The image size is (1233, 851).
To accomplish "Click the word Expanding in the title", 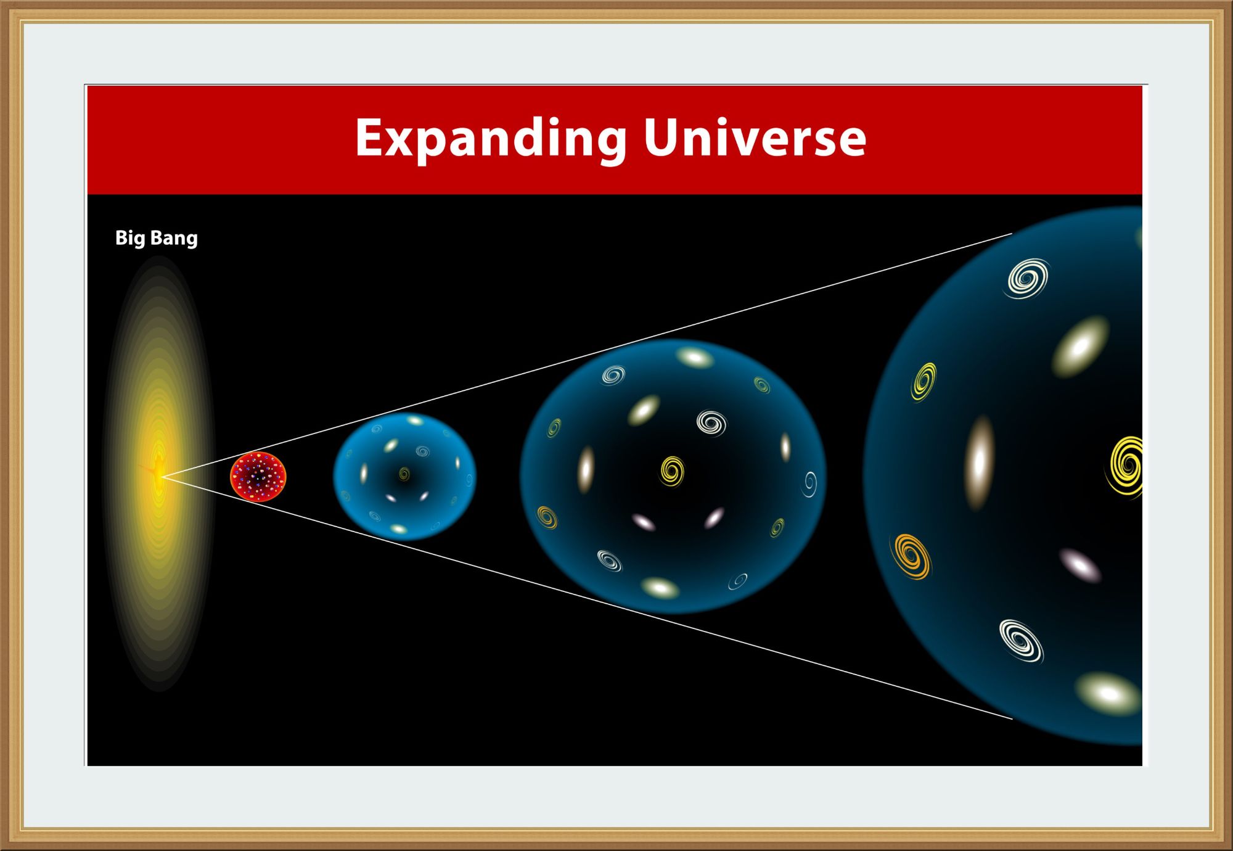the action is [491, 140].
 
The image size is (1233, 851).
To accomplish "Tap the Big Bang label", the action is [157, 238].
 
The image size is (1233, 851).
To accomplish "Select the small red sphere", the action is [258, 476].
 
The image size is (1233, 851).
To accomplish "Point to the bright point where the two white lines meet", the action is [162, 476].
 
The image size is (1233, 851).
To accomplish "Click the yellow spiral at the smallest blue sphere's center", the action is [404, 474].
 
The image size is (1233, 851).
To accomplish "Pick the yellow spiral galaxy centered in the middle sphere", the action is [672, 471].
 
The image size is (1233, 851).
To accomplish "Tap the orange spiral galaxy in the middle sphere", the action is [547, 517].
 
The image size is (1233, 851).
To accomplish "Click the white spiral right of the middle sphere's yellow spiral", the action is [711, 423].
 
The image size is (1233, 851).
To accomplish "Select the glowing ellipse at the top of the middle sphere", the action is [695, 357].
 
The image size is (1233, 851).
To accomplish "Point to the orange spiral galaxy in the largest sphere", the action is [911, 556].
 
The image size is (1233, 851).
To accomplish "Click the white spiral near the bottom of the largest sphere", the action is [1021, 641].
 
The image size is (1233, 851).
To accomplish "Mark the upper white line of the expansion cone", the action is [587, 355].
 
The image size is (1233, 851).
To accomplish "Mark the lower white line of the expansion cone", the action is [587, 598].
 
